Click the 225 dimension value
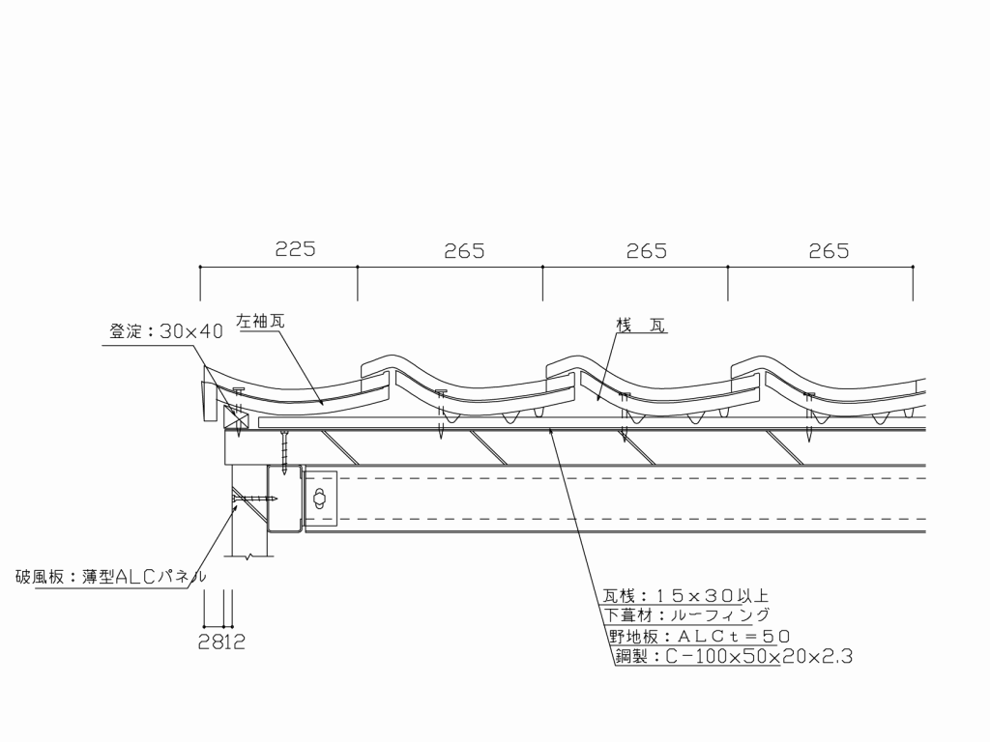tap(295, 249)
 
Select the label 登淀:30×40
tap(166, 331)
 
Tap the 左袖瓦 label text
tap(260, 321)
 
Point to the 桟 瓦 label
tap(641, 326)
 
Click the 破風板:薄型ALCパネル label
tap(110, 577)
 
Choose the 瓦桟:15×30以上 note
tap(685, 595)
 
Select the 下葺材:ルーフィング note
tap(687, 615)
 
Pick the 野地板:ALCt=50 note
tap(699, 636)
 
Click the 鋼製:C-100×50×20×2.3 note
tap(734, 657)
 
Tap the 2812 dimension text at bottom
tap(221, 642)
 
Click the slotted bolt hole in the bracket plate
tap(320, 499)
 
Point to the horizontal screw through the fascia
tap(255, 499)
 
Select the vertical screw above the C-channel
tap(285, 451)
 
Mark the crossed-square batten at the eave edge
tap(236, 417)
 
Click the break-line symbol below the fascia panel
tap(251, 556)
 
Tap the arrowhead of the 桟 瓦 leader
tap(597, 399)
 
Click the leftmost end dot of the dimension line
tap(200, 267)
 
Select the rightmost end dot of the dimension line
tap(913, 267)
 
